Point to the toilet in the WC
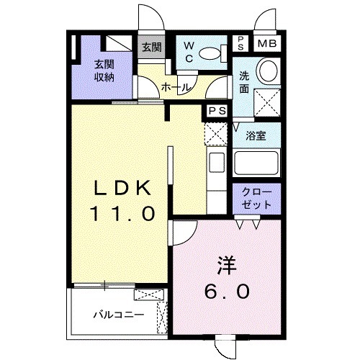(x=209, y=52)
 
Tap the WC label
(x=187, y=51)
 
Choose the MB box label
(x=266, y=43)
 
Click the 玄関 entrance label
(x=151, y=48)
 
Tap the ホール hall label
(x=176, y=87)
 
